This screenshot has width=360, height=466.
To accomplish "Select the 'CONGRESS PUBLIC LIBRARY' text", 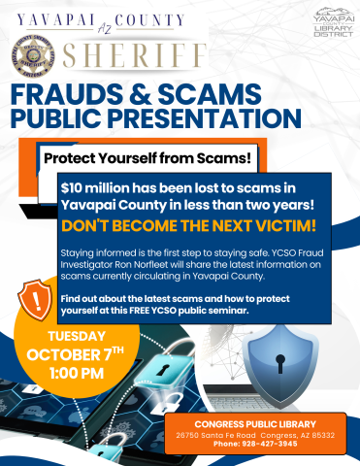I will coord(255,424).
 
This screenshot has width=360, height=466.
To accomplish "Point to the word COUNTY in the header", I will coord(174,18).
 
